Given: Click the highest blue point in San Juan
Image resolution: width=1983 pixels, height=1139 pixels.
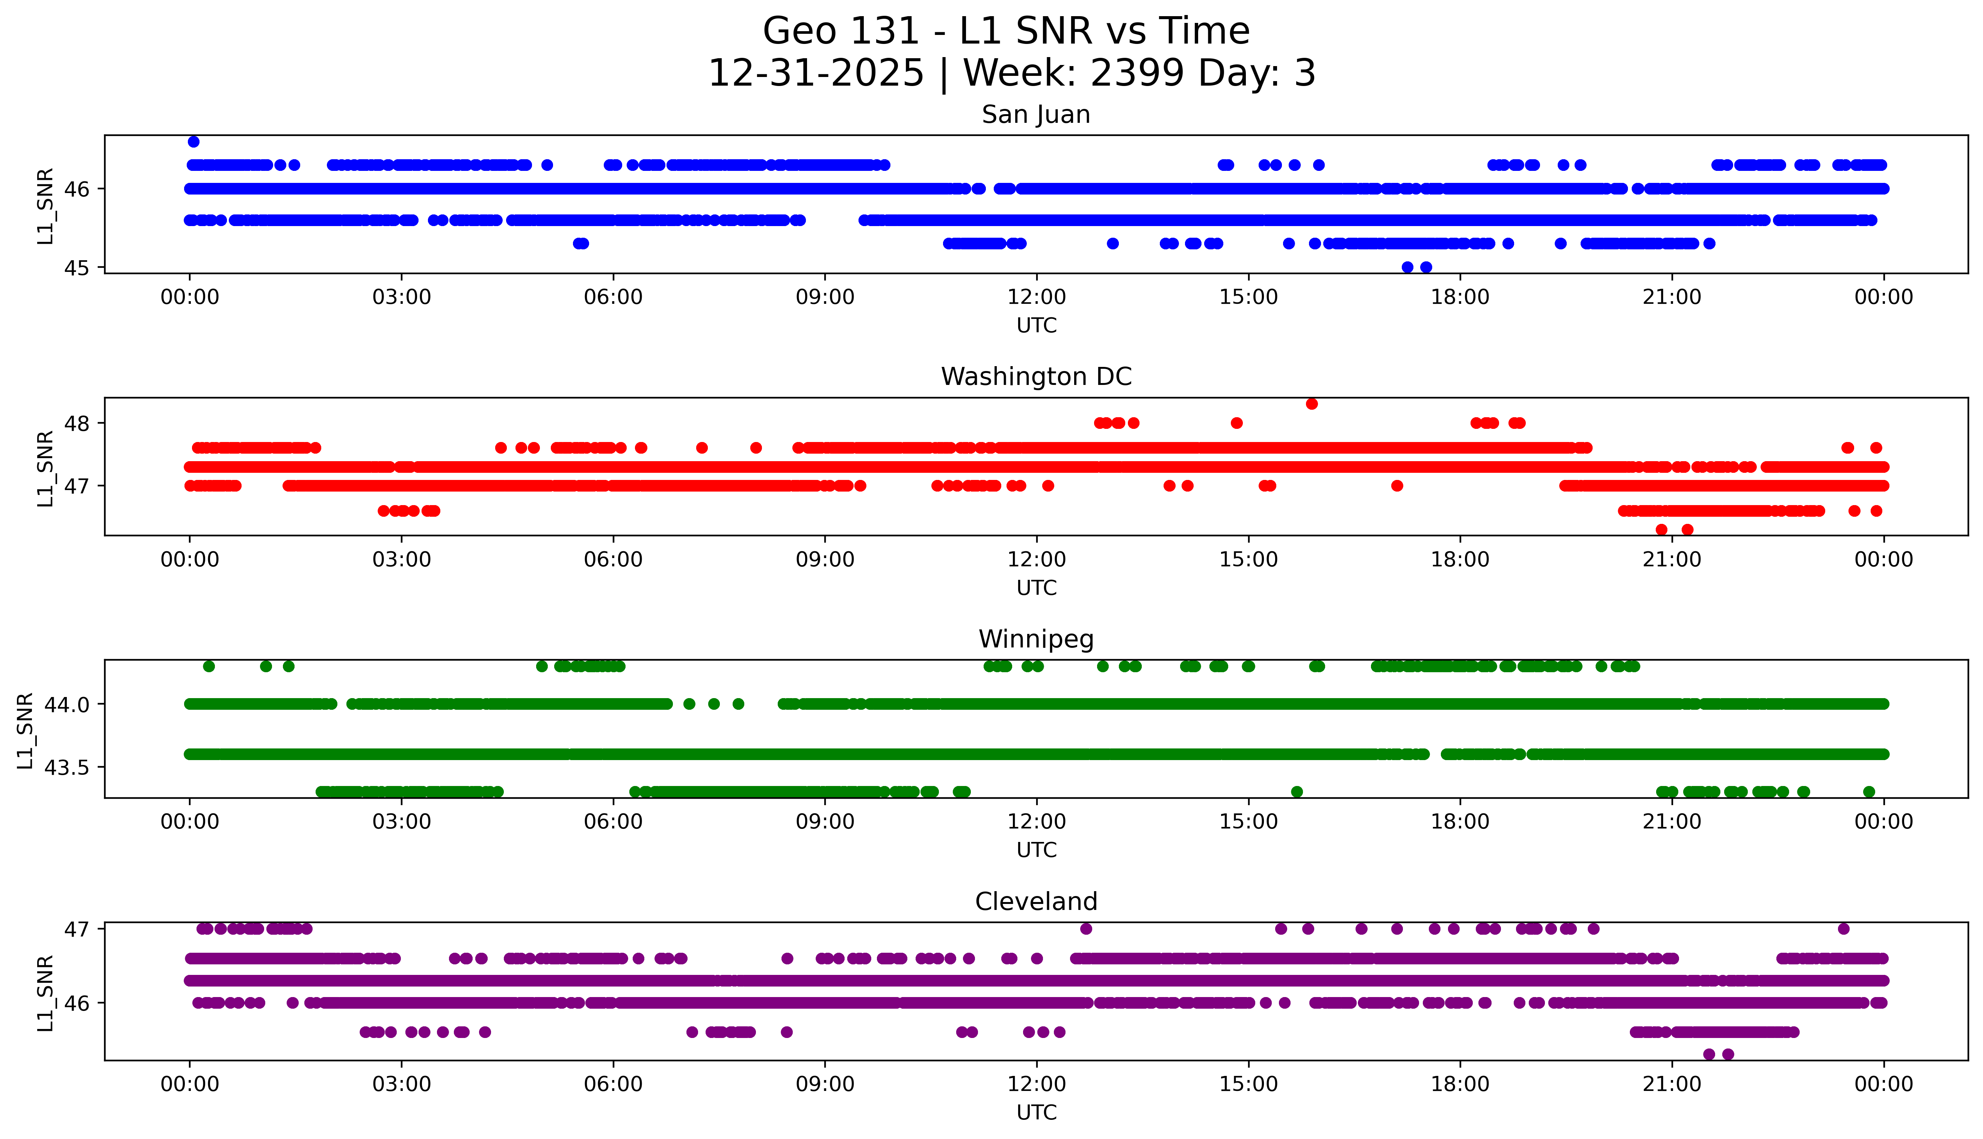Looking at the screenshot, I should click(x=193, y=142).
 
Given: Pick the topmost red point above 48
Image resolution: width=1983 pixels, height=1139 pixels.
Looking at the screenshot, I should click(x=1312, y=404).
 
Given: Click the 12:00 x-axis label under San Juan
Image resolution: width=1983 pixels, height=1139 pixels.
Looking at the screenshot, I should click(x=1036, y=297).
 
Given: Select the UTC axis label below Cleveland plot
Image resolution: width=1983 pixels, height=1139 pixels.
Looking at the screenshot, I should click(x=1036, y=1112).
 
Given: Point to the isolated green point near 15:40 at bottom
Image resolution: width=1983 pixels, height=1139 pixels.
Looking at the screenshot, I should click(x=1297, y=792).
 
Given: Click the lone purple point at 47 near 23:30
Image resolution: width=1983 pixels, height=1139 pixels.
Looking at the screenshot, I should click(x=1843, y=929).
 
